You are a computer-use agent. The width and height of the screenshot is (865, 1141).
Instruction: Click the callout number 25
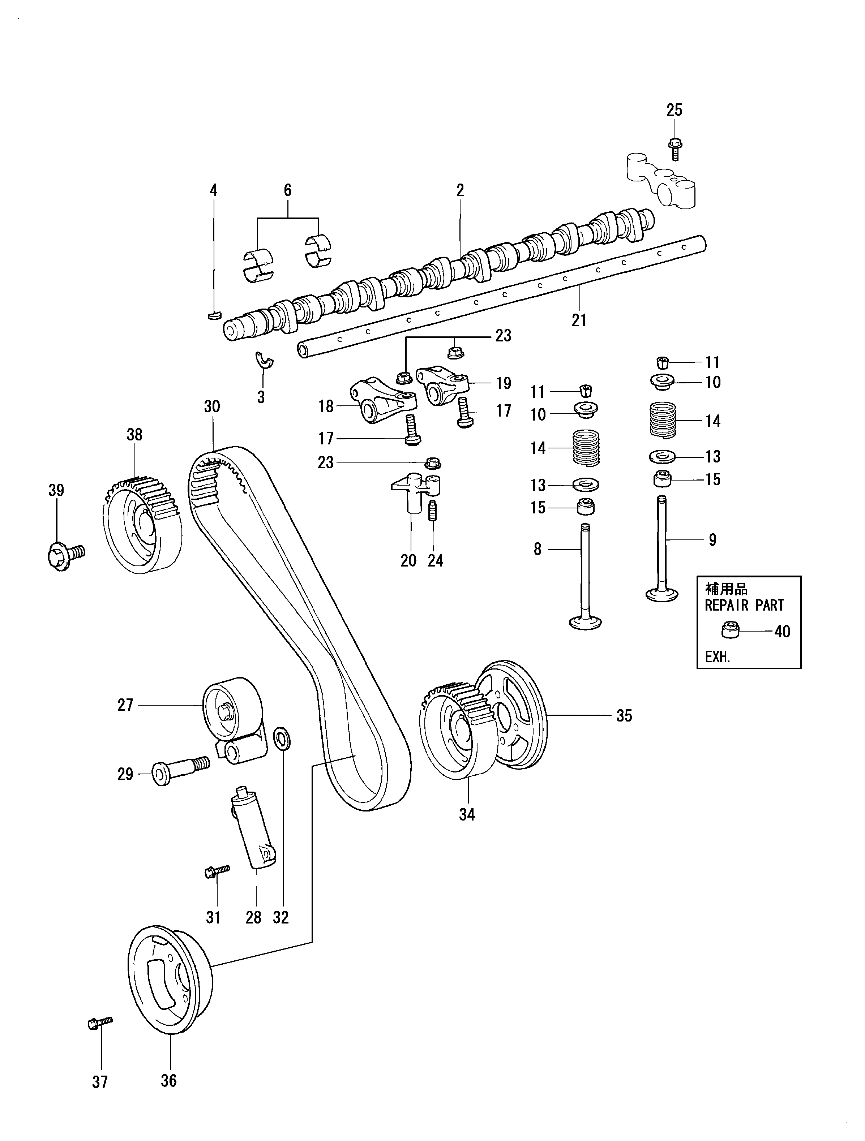click(x=674, y=110)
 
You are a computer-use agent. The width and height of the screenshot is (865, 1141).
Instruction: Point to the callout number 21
click(x=579, y=320)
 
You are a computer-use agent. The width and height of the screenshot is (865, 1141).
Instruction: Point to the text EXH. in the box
click(x=718, y=658)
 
